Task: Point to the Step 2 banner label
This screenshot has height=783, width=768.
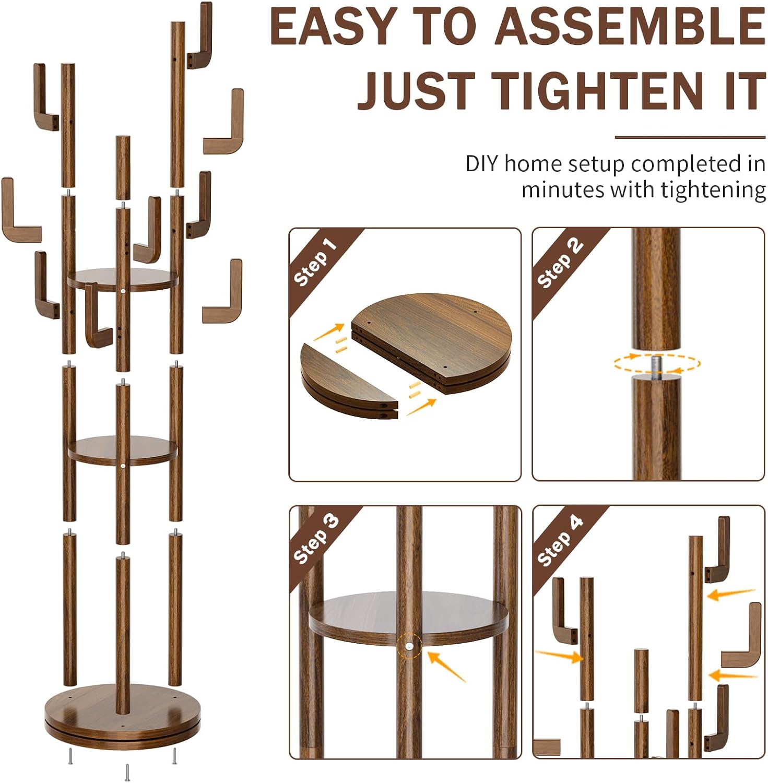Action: pos(559,262)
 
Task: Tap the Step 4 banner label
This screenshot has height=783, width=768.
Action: pos(560,540)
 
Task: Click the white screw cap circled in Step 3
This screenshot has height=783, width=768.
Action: pos(408,646)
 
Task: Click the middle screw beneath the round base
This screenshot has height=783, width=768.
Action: pos(127,772)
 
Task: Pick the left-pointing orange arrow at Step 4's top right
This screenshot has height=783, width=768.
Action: pos(731,594)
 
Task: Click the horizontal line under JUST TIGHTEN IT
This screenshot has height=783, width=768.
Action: pos(690,137)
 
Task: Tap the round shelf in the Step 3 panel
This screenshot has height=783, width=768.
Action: pos(408,618)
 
